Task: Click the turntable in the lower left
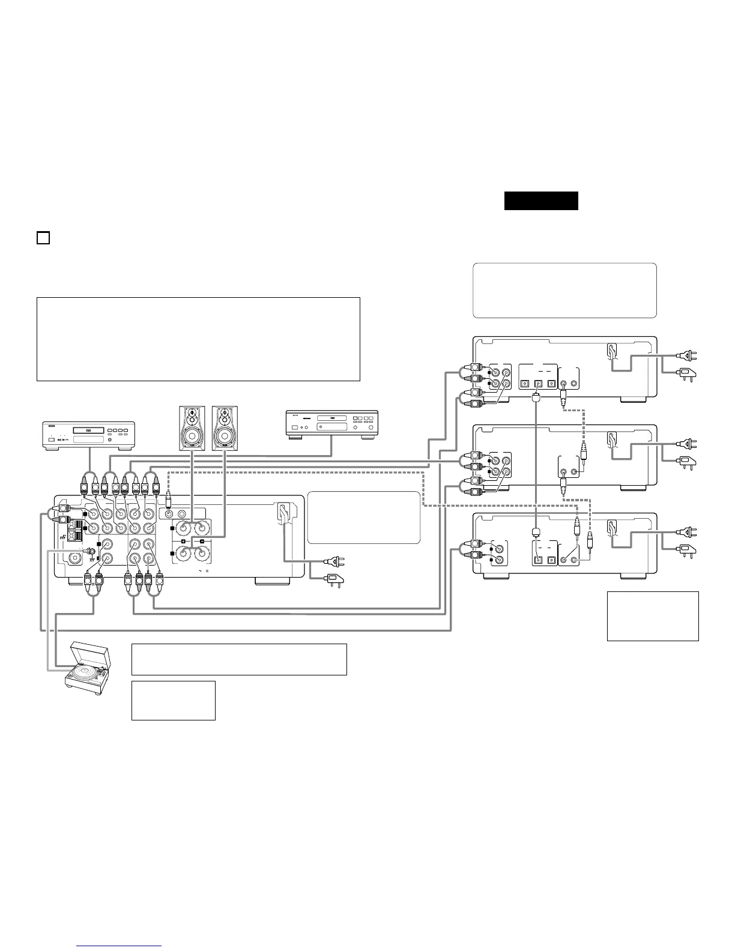pos(89,665)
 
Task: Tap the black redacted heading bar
pos(541,201)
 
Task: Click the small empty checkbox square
pos(43,238)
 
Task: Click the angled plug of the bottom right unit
pos(687,548)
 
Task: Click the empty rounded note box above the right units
pos(564,290)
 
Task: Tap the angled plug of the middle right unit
pos(687,460)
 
